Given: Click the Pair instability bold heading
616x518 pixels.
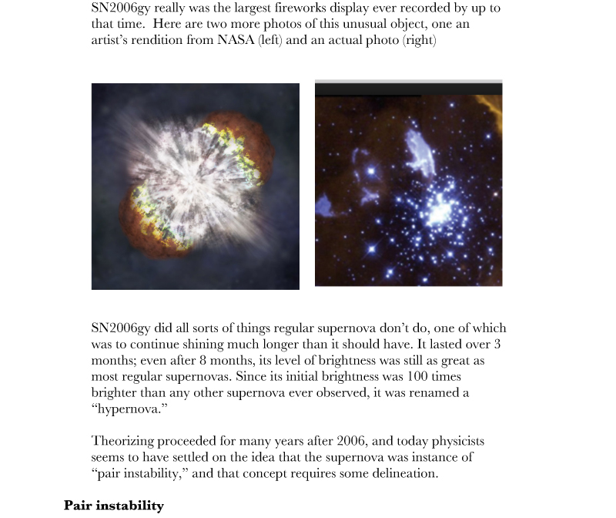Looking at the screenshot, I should pos(114,506).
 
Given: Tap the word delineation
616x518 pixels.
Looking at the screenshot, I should pos(400,473).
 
